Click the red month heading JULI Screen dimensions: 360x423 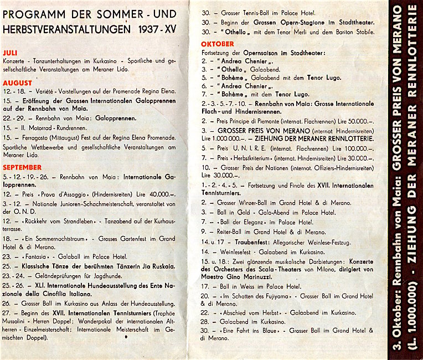tap(11, 51)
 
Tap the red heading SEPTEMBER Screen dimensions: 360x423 tap(22, 167)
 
